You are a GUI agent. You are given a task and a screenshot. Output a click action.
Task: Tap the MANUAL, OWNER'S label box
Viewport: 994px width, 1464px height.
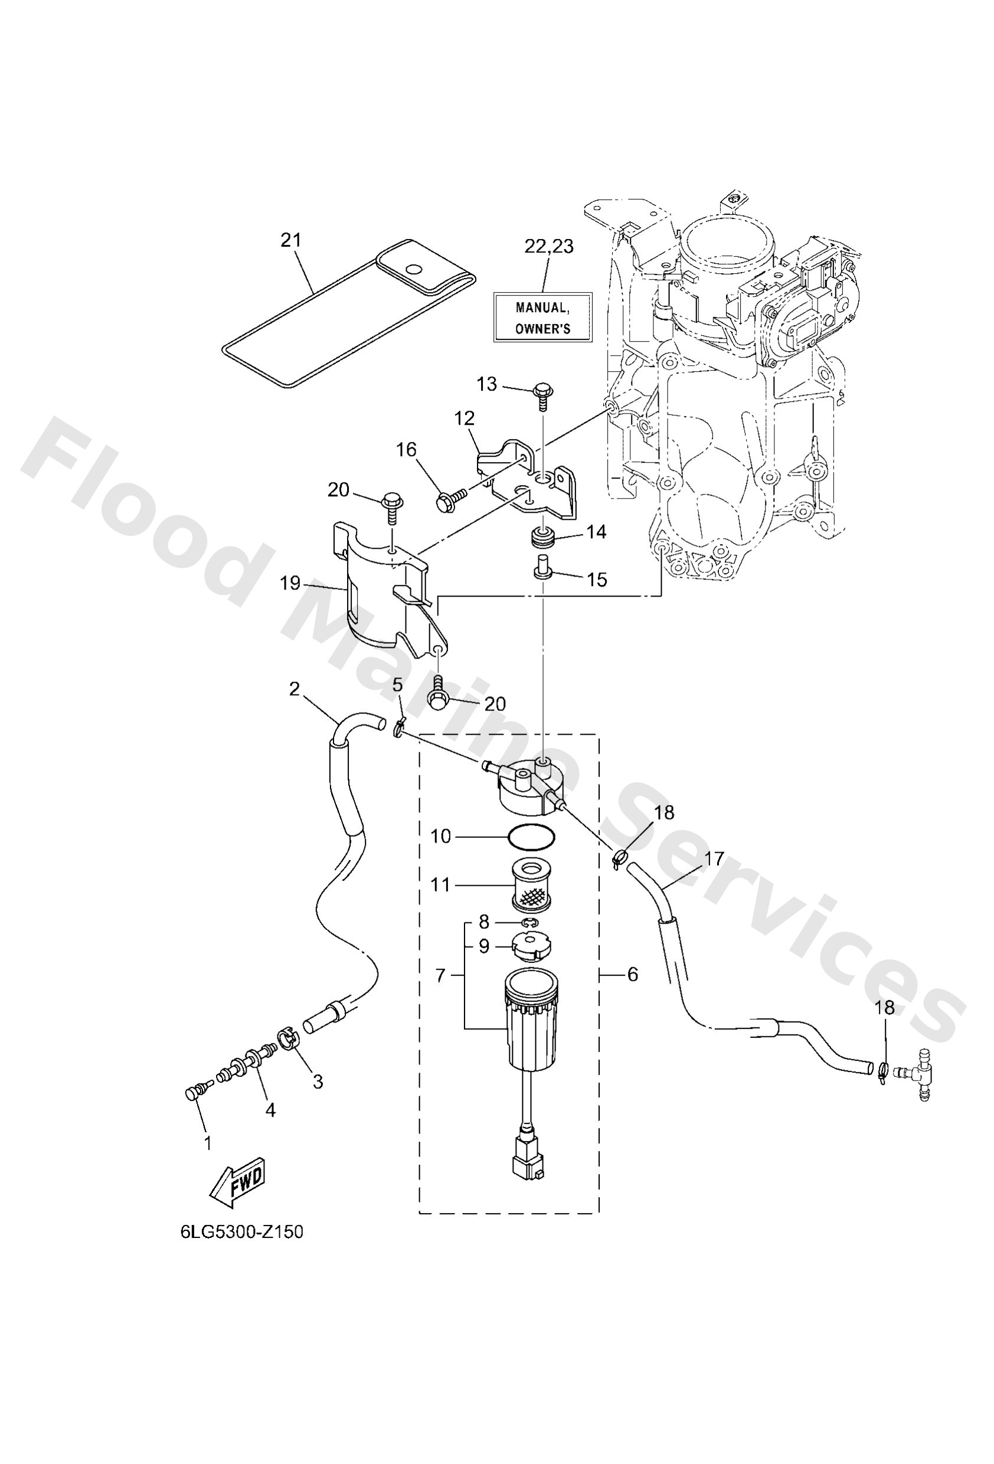(x=542, y=317)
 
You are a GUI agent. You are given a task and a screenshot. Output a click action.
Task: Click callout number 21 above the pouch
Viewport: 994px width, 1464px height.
(x=290, y=240)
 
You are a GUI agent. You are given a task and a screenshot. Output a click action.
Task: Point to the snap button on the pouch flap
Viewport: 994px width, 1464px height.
(x=414, y=270)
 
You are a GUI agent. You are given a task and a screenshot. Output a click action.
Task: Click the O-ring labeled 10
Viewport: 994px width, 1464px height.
(x=531, y=838)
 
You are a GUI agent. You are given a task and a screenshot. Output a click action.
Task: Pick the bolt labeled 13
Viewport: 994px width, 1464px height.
(x=541, y=394)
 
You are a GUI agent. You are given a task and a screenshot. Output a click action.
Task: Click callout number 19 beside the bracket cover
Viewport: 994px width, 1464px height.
(x=290, y=584)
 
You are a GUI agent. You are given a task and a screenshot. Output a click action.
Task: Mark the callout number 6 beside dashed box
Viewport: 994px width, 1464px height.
(x=632, y=975)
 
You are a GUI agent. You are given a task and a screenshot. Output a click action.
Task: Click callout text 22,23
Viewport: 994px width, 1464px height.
(x=548, y=246)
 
